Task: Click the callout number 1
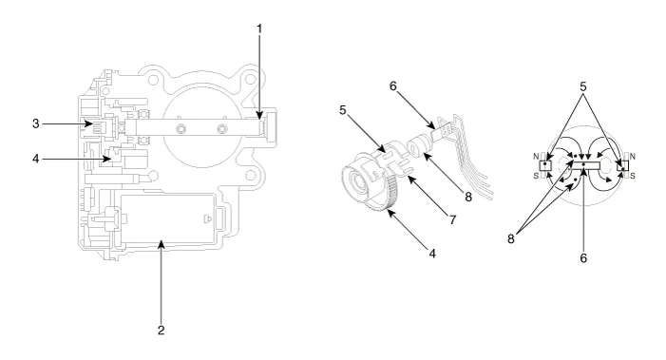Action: pos(259,28)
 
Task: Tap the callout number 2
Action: pos(161,331)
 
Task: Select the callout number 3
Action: pos(36,123)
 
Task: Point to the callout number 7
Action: pos(453,220)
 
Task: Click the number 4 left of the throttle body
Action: pos(36,159)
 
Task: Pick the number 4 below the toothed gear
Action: pos(432,254)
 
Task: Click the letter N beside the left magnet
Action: pos(536,157)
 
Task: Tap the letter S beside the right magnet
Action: pos(633,176)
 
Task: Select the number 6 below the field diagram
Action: pos(583,257)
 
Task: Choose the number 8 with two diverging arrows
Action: pos(511,239)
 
